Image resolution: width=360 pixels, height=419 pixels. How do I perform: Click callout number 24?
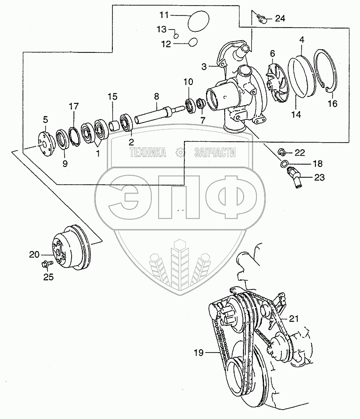point(279,19)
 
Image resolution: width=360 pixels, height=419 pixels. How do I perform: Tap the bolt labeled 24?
point(263,19)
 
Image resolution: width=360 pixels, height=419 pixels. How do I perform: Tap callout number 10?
point(188,82)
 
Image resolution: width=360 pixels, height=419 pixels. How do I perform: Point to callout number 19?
point(199,353)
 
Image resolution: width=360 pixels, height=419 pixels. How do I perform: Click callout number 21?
point(293,318)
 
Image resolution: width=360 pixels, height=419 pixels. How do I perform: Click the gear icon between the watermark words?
point(179,153)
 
